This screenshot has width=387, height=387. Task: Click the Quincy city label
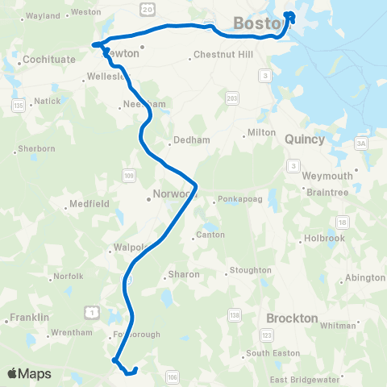305,139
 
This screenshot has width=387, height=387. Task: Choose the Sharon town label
184,274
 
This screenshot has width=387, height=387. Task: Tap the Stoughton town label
248,270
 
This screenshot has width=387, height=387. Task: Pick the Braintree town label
327,192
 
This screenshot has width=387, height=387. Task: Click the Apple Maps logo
28,373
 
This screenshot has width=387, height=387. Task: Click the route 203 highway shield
232,98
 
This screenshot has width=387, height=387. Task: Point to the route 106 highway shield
172,376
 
